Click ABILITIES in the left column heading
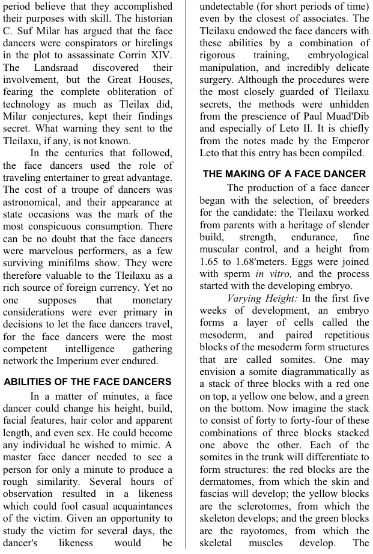coord(31,382)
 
